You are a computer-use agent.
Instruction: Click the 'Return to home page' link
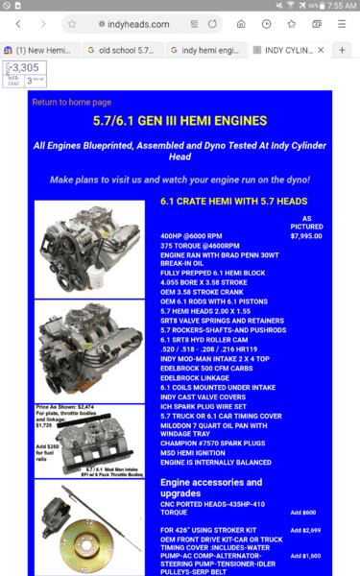[x=71, y=102]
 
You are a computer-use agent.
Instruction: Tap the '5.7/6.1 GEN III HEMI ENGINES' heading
[x=180, y=122]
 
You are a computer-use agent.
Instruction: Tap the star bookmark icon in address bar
[x=73, y=24]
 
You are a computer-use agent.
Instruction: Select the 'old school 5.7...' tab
[x=121, y=49]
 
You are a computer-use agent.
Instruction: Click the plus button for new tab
[x=343, y=49]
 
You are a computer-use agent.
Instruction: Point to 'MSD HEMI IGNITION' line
[x=197, y=451]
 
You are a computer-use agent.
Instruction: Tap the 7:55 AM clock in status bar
[x=341, y=6]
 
